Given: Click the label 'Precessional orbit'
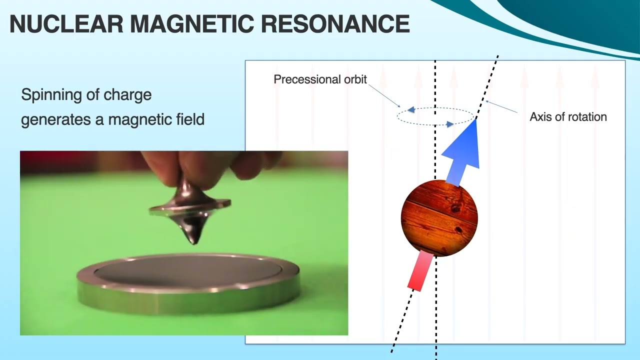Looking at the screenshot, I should point(320,79).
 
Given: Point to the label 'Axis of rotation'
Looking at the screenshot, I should point(568,117).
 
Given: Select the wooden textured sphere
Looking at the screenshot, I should point(439,218).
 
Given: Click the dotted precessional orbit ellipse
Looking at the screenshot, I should point(435,109).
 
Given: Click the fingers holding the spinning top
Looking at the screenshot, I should point(210,165).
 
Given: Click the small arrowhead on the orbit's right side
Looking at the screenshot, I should point(449,124).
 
